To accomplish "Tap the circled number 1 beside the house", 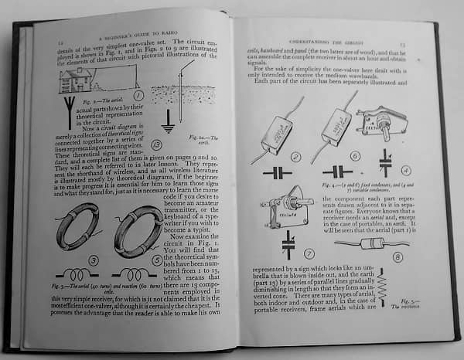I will (138, 96).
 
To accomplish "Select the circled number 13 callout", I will (157, 144).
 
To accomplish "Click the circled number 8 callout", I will (397, 257).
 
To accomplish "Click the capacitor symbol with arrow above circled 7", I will (288, 245).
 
